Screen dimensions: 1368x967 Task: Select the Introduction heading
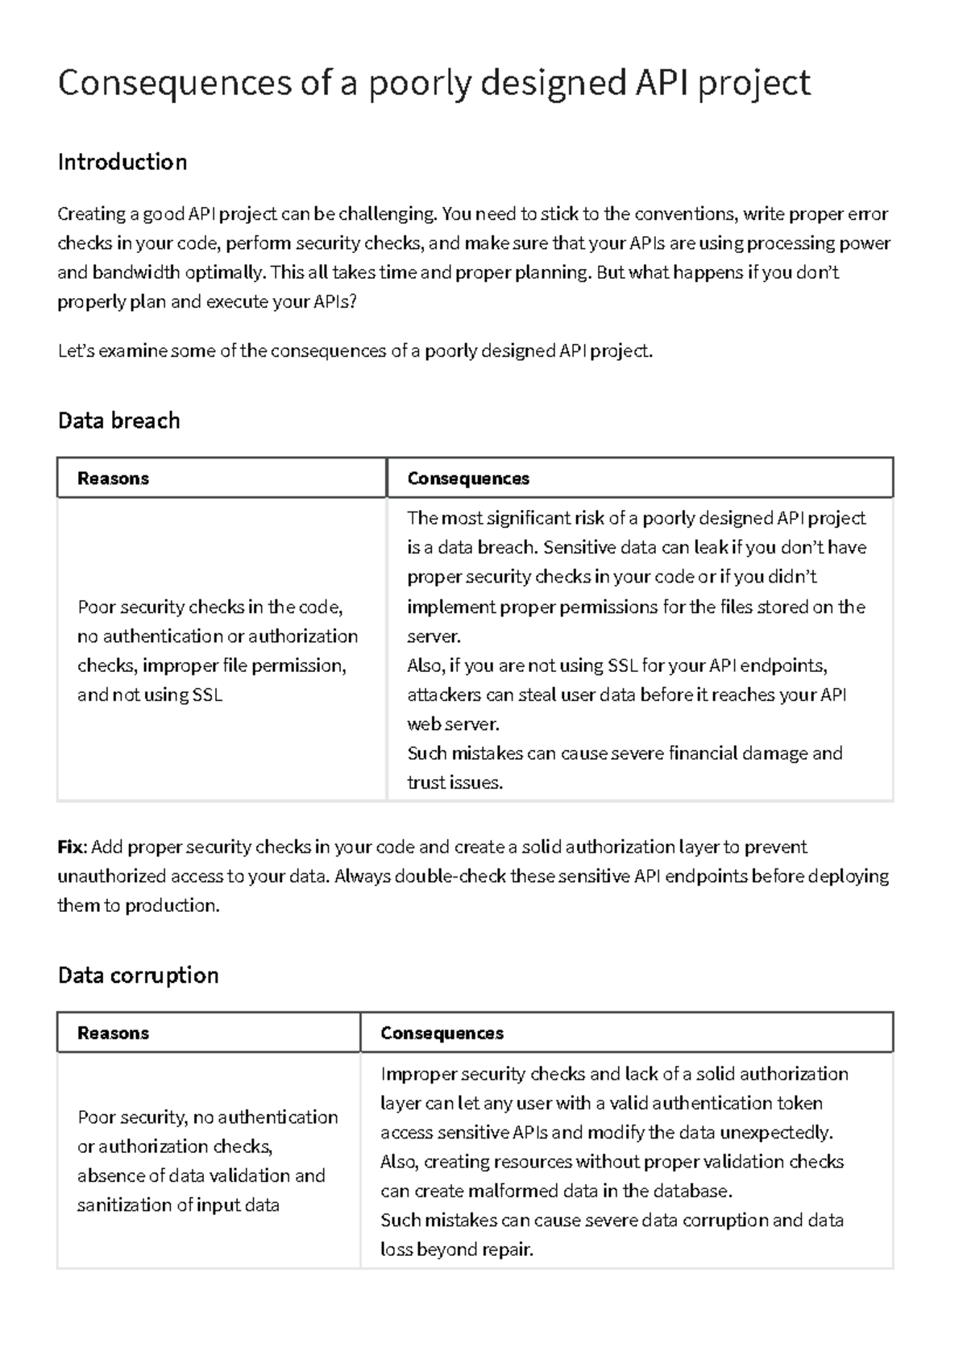pyautogui.click(x=122, y=162)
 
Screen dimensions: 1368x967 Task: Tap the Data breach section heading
pyautogui.click(x=118, y=421)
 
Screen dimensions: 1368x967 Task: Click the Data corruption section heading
pyautogui.click(x=138, y=976)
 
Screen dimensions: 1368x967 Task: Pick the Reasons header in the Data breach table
pyautogui.click(x=113, y=479)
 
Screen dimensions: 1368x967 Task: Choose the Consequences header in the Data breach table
pyautogui.click(x=468, y=479)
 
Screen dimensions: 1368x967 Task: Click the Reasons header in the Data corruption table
pyautogui.click(x=113, y=1034)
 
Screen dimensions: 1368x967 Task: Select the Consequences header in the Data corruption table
pyautogui.click(x=442, y=1034)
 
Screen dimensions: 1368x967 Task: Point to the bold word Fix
pyautogui.click(x=71, y=848)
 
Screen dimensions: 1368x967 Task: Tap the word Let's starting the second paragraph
pyautogui.click(x=77, y=351)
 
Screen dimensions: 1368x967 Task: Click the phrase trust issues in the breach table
pyautogui.click(x=454, y=783)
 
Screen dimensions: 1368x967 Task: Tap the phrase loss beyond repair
pyautogui.click(x=456, y=1250)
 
